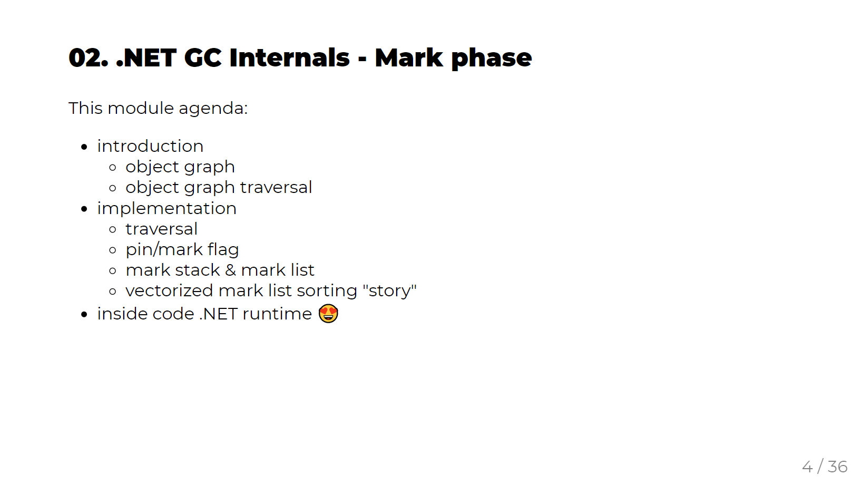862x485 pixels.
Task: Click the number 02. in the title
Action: click(x=88, y=58)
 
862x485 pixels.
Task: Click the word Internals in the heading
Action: click(x=289, y=58)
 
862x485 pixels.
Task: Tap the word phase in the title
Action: click(x=492, y=59)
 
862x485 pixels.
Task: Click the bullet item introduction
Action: click(x=150, y=146)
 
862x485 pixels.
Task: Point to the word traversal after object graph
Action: click(x=276, y=188)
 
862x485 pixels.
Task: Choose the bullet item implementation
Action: click(x=166, y=209)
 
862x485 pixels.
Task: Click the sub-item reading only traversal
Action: click(x=162, y=229)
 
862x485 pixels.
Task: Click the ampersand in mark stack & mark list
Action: click(x=230, y=270)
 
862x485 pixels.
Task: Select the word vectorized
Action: click(x=169, y=290)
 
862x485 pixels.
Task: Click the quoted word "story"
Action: click(x=389, y=291)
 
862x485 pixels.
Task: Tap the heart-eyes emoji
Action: click(x=328, y=313)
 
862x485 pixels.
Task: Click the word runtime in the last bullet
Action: click(x=277, y=314)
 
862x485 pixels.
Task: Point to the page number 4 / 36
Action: click(x=825, y=467)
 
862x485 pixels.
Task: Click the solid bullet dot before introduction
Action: click(x=84, y=147)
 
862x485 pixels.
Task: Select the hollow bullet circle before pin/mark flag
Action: click(x=113, y=250)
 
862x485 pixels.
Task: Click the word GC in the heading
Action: click(x=203, y=58)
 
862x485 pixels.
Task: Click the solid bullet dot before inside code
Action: click(x=84, y=315)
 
